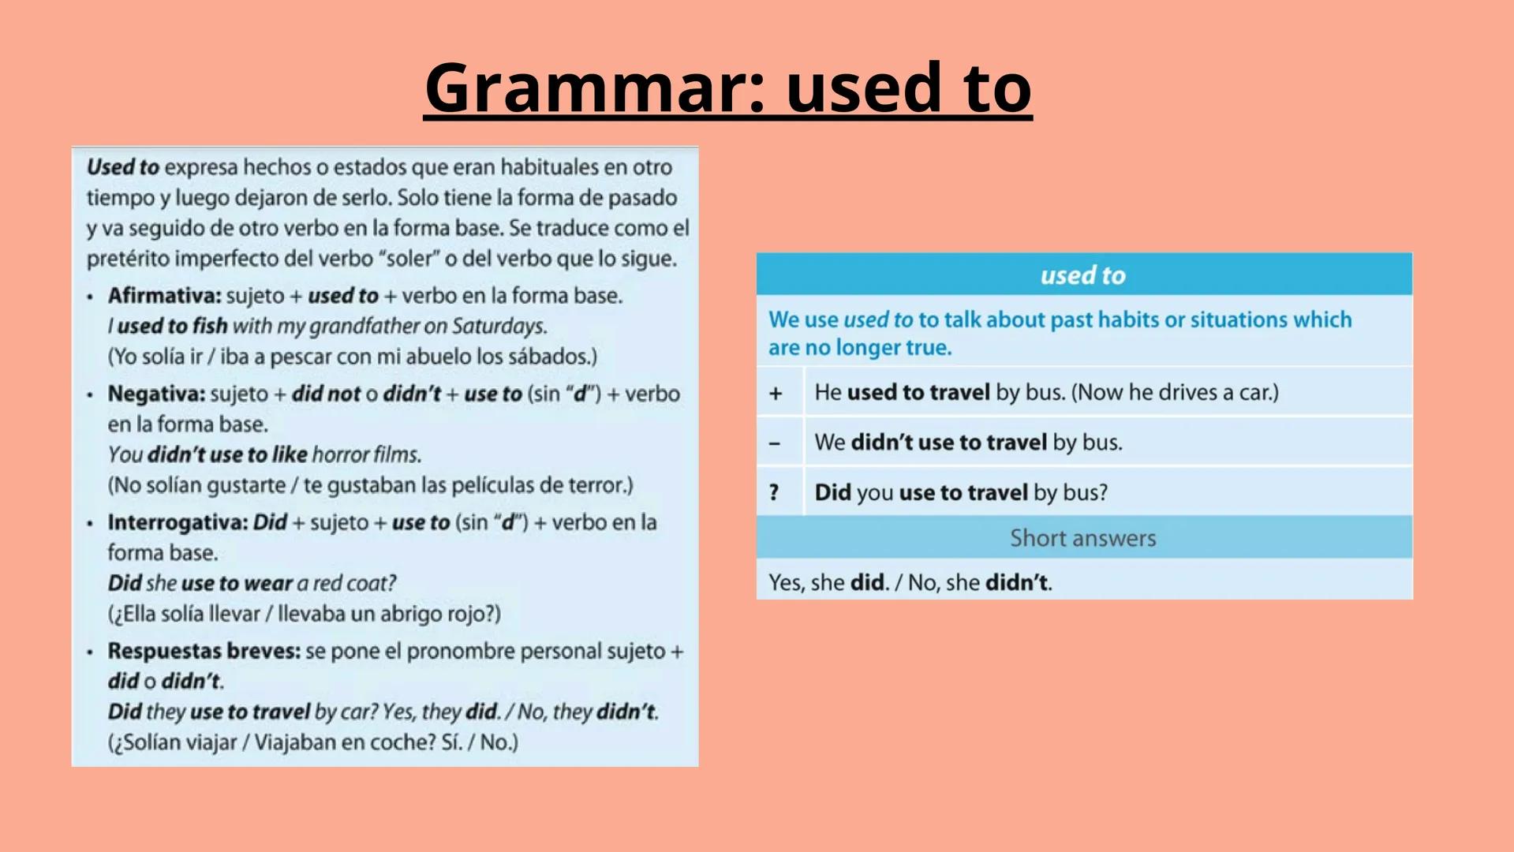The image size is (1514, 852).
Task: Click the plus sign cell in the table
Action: [x=776, y=393]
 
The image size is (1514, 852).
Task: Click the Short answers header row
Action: [x=1082, y=538]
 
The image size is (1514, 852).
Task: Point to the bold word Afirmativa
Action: [x=164, y=296]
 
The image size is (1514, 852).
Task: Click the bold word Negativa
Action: [x=156, y=394]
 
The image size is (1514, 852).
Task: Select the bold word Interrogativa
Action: [x=178, y=522]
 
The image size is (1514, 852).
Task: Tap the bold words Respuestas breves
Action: [x=204, y=651]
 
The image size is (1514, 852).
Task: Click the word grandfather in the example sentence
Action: [x=364, y=326]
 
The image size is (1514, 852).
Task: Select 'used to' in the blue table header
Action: [x=1082, y=275]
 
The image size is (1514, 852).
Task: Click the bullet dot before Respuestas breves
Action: [x=90, y=652]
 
